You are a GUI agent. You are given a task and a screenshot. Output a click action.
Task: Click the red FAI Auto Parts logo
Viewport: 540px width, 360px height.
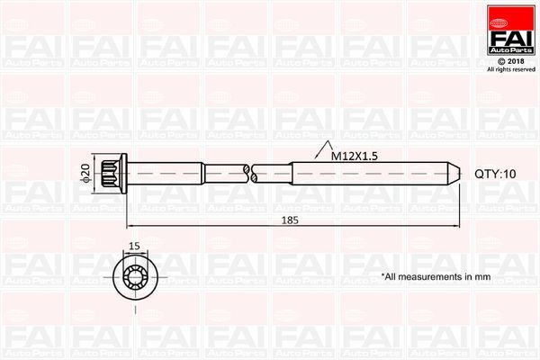point(510,31)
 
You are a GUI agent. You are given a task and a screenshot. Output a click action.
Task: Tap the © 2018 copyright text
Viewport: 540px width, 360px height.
point(510,59)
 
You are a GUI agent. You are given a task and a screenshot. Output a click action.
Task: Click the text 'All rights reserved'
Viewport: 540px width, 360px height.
point(510,69)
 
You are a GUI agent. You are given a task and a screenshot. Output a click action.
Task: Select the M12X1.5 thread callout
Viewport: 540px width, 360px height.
point(354,155)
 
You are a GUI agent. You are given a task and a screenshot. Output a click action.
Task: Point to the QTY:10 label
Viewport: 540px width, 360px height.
point(497,175)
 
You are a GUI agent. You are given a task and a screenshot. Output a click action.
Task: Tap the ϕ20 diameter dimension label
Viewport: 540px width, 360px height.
point(85,174)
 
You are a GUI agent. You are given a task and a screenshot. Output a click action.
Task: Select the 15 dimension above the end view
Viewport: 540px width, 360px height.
point(134,244)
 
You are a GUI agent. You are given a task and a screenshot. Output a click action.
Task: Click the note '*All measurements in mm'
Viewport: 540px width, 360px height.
point(436,277)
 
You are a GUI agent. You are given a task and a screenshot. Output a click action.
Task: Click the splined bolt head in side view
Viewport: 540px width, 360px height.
point(113,174)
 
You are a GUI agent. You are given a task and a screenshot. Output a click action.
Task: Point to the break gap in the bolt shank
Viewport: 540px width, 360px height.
point(250,174)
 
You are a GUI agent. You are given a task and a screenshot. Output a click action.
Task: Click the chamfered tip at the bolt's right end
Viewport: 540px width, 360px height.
point(455,174)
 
